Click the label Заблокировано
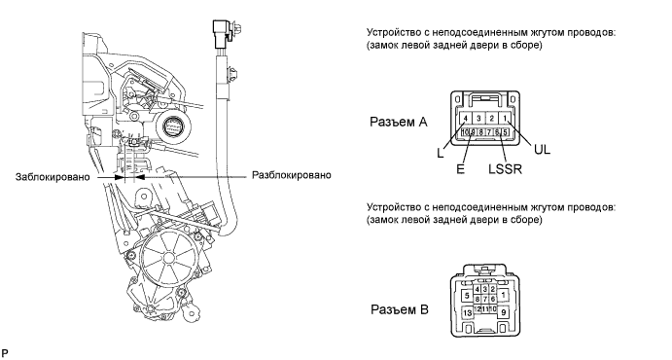(53, 177)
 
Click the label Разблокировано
(292, 175)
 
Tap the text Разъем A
(399, 123)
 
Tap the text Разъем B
(400, 309)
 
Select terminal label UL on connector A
(542, 150)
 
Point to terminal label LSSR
(506, 169)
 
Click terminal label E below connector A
(460, 169)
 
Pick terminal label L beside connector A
(441, 153)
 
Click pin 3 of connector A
(478, 119)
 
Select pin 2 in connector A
(492, 119)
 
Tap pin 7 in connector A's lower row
(489, 132)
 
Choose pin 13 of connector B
(467, 313)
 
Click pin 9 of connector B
(503, 312)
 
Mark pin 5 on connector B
(467, 295)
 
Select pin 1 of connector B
(503, 295)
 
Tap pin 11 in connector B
(485, 309)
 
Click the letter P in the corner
(5, 353)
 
